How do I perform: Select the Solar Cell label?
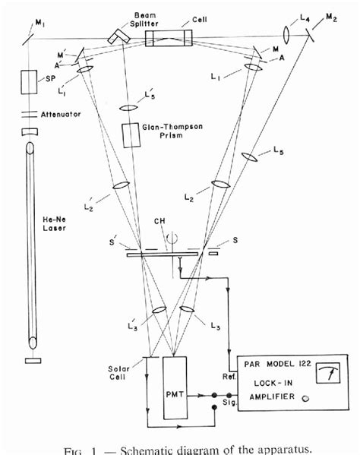pos(122,373)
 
